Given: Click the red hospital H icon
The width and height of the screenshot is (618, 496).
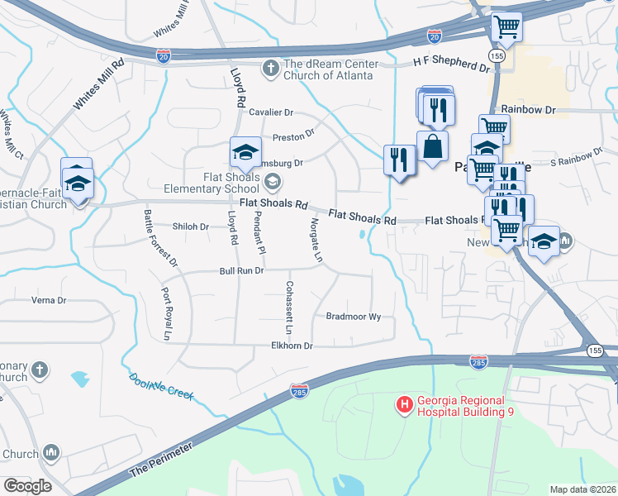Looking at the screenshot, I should click(404, 404).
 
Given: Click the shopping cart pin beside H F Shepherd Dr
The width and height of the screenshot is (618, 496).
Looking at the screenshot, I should click(506, 26).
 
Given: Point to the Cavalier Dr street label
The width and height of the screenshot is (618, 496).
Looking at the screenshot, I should click(271, 112).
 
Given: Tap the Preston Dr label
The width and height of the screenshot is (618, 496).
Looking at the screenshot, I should click(293, 133).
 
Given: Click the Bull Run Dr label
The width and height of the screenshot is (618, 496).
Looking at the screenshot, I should click(240, 270).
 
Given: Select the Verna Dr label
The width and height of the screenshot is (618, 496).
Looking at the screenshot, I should click(48, 300).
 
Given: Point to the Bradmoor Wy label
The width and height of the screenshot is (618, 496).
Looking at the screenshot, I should click(353, 317).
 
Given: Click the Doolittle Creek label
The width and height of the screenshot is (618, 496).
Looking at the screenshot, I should click(161, 386).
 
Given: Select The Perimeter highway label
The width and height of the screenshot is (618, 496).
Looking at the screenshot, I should click(161, 459).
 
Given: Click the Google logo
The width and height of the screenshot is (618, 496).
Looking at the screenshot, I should click(26, 485).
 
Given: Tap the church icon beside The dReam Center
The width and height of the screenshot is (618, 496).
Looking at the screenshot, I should click(269, 67).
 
